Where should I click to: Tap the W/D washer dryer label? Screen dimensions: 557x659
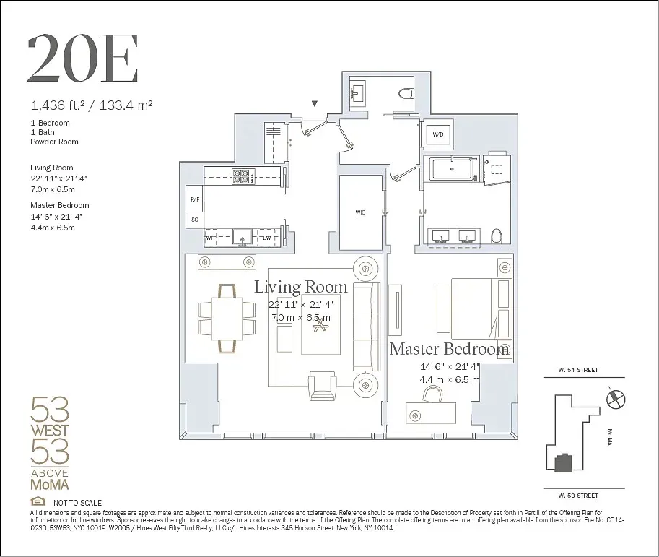pyautogui.click(x=437, y=135)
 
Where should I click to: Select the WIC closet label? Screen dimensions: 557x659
pyautogui.click(x=360, y=212)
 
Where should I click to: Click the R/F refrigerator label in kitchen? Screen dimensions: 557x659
pyautogui.click(x=195, y=199)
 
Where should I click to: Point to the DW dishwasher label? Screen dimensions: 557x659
pyautogui.click(x=266, y=237)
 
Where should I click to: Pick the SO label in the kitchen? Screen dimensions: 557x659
pyautogui.click(x=194, y=219)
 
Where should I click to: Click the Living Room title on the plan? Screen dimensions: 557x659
pyautogui.click(x=300, y=287)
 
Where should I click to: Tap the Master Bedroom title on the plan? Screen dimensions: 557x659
pyautogui.click(x=449, y=350)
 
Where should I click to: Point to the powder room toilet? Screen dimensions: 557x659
pyautogui.click(x=405, y=94)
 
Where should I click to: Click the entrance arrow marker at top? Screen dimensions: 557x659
pyautogui.click(x=314, y=104)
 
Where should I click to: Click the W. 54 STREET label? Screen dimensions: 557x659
pyautogui.click(x=577, y=370)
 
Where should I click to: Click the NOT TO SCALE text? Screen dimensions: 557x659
pyautogui.click(x=77, y=503)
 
